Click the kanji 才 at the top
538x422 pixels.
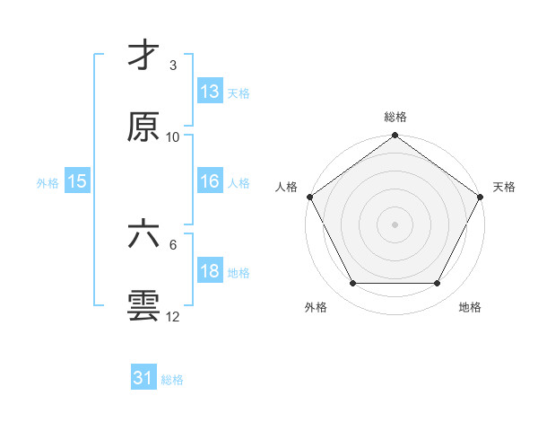[143, 56]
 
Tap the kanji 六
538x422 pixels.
[143, 235]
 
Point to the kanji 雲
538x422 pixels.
[143, 305]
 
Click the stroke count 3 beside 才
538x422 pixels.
[173, 66]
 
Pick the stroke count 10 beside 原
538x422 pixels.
[173, 136]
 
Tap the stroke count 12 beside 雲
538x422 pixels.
[173, 316]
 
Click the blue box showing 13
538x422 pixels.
[210, 91]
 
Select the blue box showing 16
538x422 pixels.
[210, 181]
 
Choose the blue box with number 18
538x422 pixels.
[210, 271]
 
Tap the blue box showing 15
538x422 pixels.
[77, 181]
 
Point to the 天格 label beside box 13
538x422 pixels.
[239, 92]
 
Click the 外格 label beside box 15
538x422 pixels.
[48, 182]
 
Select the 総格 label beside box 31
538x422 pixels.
[172, 380]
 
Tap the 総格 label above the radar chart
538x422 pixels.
[395, 117]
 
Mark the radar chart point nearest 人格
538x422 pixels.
[309, 197]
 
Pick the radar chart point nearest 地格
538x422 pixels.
[438, 284]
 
